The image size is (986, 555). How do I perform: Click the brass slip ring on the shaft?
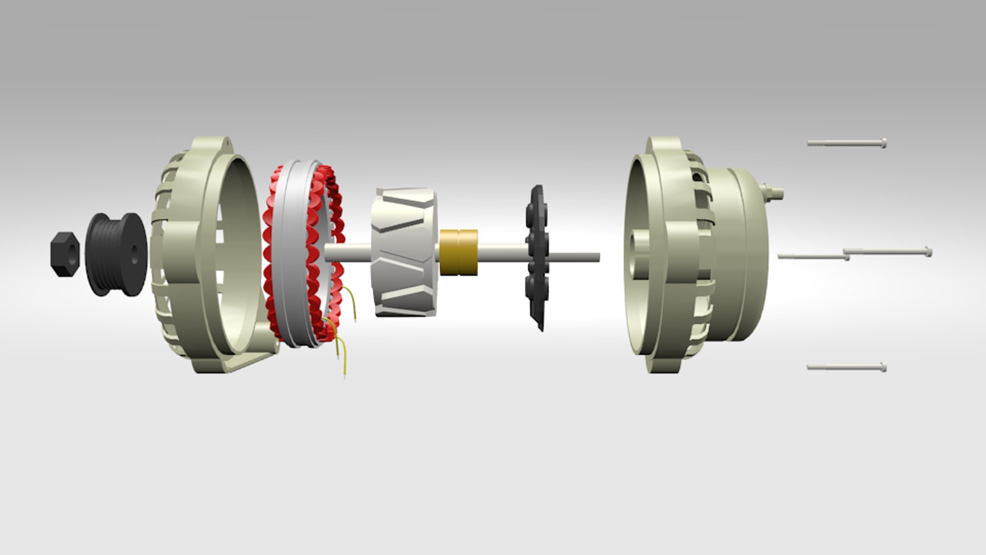click(x=458, y=252)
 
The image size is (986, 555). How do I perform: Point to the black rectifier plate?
click(x=537, y=257)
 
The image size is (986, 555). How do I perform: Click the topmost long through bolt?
click(x=846, y=143)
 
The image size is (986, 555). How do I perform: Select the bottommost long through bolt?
click(x=846, y=367)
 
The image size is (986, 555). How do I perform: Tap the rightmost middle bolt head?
click(x=927, y=251)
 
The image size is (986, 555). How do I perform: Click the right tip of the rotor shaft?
click(x=597, y=257)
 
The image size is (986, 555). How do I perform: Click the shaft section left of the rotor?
click(x=347, y=252)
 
